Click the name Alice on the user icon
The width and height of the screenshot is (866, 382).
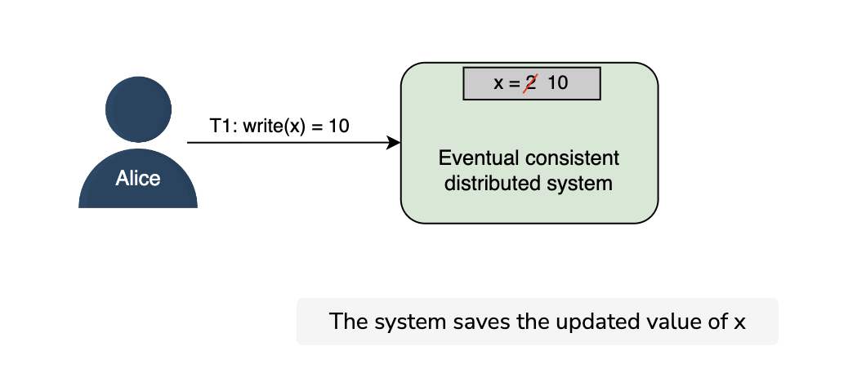point(138,178)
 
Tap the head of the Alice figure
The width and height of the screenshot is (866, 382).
point(139,109)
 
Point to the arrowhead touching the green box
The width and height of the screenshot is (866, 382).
point(393,142)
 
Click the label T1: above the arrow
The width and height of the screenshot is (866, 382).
point(224,126)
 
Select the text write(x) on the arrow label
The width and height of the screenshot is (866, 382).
point(274,127)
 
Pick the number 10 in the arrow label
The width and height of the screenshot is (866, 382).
point(339,126)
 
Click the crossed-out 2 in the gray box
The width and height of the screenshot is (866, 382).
point(530,82)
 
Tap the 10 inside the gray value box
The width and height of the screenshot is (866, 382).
point(557,82)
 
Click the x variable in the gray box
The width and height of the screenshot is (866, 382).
point(498,83)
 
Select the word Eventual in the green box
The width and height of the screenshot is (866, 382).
point(480,158)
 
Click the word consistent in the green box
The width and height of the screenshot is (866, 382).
point(572,158)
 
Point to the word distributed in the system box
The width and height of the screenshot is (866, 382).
point(493,184)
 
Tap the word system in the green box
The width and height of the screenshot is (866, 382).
point(579,184)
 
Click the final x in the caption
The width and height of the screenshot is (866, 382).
point(739,323)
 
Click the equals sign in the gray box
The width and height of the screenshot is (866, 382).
point(514,83)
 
